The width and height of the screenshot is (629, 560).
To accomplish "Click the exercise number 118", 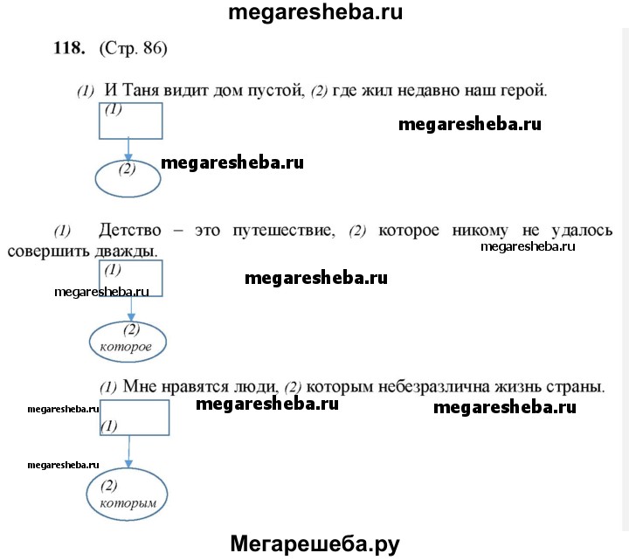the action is click(69, 48).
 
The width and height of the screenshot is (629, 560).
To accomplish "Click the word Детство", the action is click(130, 231).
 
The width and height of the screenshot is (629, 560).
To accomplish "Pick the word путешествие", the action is click(284, 231).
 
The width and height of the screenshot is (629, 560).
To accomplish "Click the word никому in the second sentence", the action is click(480, 231).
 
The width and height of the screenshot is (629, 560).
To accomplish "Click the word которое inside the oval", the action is click(126, 347).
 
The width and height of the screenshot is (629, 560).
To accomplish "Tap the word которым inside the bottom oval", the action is click(128, 503).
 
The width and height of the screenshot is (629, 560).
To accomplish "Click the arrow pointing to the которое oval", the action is click(131, 309).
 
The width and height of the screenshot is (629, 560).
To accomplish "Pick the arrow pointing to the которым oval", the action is click(128, 452).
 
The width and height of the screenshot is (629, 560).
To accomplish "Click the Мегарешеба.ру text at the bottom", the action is click(314, 544).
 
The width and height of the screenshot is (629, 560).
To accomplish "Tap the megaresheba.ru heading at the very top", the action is click(315, 12).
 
